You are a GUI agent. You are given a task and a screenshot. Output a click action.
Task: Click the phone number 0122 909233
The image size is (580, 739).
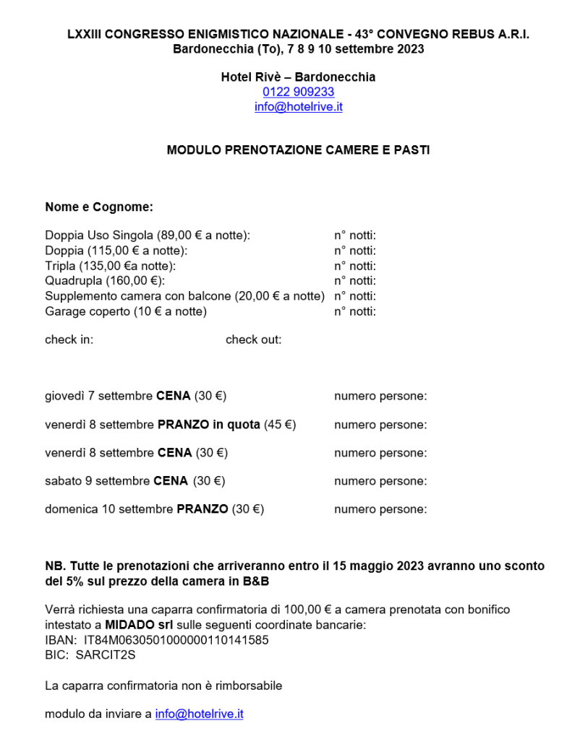tap(298, 92)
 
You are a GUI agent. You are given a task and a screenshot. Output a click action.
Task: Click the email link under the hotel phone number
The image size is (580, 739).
tap(298, 107)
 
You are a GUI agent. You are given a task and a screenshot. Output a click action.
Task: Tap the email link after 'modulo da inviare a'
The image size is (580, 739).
tap(199, 714)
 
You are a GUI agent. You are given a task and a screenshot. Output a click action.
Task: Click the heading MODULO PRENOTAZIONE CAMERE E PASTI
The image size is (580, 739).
tap(298, 150)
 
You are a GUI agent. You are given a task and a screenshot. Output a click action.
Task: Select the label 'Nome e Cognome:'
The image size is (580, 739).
tap(99, 207)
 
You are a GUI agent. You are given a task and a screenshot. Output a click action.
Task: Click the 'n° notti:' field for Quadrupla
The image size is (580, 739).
tap(354, 281)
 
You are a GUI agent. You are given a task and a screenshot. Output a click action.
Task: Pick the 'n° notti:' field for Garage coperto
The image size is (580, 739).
tap(354, 311)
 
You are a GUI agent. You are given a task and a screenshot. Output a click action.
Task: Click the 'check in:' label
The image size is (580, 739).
tap(69, 340)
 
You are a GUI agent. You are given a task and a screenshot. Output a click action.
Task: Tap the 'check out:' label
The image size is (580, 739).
tap(253, 340)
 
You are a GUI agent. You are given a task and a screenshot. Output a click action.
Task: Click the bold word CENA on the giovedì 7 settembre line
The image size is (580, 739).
tap(174, 396)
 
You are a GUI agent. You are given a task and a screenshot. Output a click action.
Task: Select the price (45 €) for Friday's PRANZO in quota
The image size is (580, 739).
tap(279, 425)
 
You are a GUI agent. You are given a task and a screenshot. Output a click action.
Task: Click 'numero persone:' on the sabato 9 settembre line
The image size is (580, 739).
tap(380, 481)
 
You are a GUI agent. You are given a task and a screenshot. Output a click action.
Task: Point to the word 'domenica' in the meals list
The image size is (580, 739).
tap(71, 509)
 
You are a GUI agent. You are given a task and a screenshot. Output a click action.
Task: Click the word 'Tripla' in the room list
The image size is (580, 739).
tap(60, 266)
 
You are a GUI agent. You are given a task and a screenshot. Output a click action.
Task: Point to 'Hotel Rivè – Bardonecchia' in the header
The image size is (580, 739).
tap(298, 77)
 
